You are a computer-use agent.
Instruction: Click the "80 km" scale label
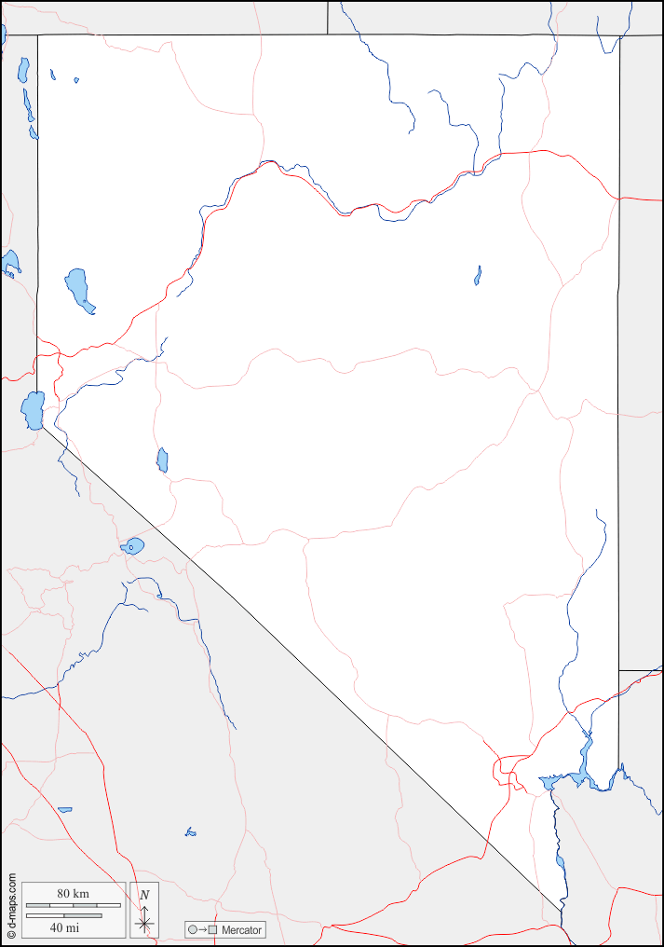tap(73, 894)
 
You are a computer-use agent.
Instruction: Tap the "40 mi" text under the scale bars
tap(63, 927)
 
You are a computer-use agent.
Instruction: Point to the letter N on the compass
tap(143, 895)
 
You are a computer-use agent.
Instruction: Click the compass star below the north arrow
tap(144, 923)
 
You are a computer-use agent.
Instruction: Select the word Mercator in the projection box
tap(242, 930)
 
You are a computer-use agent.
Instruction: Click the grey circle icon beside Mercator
tap(192, 930)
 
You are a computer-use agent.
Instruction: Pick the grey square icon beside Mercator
tap(212, 930)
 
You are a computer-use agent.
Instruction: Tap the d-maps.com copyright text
tap(11, 905)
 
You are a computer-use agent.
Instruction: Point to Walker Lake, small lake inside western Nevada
tap(162, 460)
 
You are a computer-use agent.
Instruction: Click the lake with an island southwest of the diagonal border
tap(132, 546)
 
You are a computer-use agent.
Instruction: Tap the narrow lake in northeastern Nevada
tap(478, 275)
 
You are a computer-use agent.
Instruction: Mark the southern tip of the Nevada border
tap(562, 911)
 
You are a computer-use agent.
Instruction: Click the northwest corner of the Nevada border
tap(38, 35)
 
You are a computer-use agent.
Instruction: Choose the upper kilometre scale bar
tap(73, 905)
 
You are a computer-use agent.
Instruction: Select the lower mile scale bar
tap(63, 915)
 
